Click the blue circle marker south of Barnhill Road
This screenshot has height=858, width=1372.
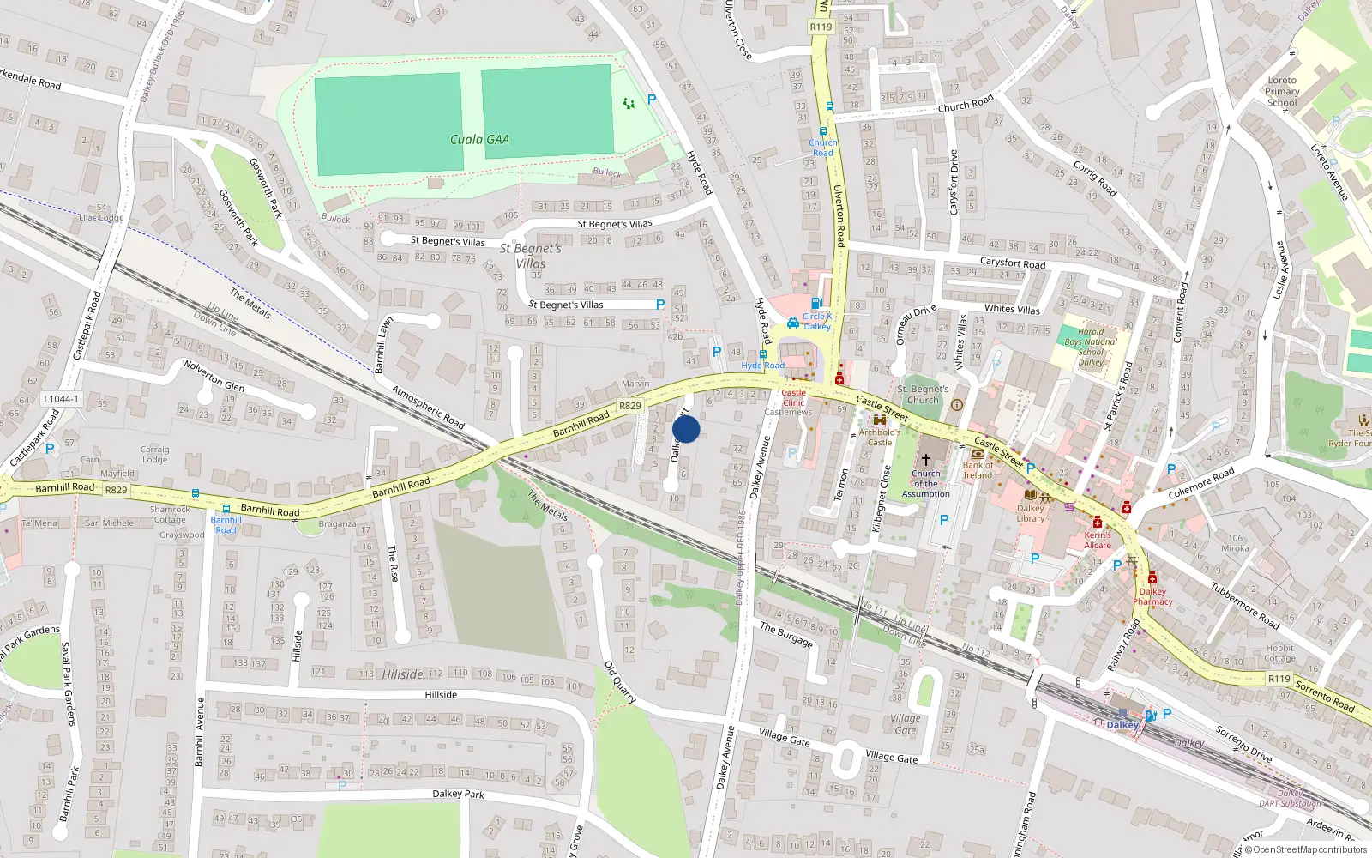click(686, 429)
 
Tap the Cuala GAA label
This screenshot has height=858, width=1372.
click(479, 139)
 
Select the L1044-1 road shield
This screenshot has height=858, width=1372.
click(61, 399)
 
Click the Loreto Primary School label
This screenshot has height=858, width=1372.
click(1282, 91)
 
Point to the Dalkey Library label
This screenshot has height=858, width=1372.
click(1031, 513)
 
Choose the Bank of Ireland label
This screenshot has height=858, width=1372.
click(978, 470)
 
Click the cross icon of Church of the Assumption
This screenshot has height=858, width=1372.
click(926, 459)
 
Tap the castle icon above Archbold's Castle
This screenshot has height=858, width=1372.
click(879, 420)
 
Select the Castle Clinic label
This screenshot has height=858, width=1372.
click(793, 397)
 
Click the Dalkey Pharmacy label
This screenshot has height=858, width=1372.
click(1152, 596)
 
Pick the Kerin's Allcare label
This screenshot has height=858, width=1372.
click(1098, 540)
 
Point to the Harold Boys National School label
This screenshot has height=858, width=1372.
click(1091, 347)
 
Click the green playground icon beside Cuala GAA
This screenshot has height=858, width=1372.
click(629, 103)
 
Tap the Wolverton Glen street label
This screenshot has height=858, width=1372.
click(214, 376)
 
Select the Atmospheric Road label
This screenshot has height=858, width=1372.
click(428, 408)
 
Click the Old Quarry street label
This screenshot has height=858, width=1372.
click(620, 682)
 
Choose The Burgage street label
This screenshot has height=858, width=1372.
click(785, 635)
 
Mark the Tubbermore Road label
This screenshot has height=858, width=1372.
click(1245, 606)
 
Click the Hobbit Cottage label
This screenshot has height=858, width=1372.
click(1279, 653)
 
